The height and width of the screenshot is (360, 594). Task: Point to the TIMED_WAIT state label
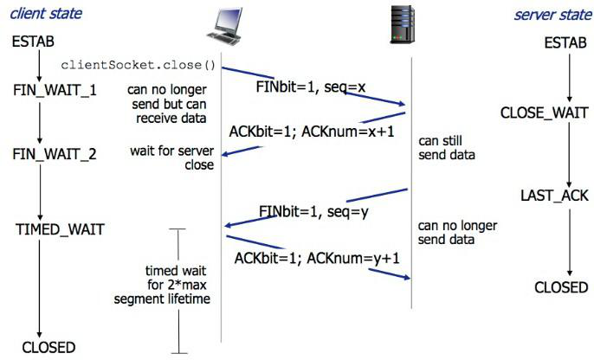tap(60, 229)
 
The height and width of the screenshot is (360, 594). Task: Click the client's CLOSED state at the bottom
tap(48, 347)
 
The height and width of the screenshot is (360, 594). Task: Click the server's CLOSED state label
tap(563, 287)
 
